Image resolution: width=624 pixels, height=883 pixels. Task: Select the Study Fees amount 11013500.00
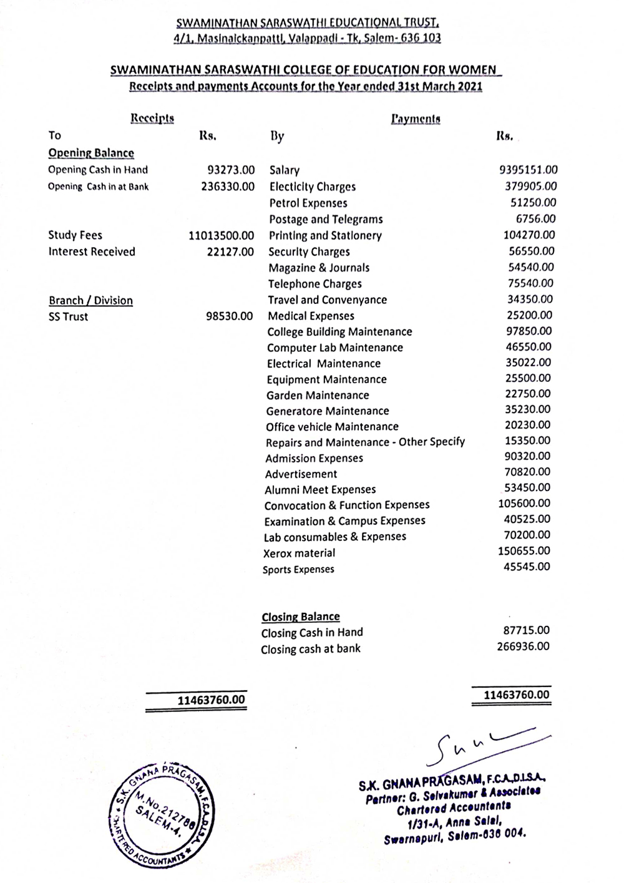tap(221, 236)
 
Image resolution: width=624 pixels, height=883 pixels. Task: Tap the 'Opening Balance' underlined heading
tap(91, 154)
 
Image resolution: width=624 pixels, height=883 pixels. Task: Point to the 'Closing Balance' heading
tap(301, 617)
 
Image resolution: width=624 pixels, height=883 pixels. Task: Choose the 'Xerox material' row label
tap(299, 554)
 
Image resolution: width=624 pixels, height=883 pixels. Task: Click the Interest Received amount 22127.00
tap(230, 252)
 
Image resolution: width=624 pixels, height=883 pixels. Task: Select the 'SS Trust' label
tap(68, 317)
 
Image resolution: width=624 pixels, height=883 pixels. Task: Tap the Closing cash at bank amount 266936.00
tap(523, 646)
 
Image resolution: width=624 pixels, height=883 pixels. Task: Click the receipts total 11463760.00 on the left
tap(212, 700)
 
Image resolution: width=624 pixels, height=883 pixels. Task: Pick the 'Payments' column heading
tap(416, 119)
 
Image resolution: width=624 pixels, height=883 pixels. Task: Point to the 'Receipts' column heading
tap(152, 118)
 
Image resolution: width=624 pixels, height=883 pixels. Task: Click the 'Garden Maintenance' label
tap(317, 396)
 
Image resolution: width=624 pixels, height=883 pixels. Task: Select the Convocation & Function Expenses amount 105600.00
tap(524, 504)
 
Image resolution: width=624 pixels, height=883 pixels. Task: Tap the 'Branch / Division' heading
tap(90, 301)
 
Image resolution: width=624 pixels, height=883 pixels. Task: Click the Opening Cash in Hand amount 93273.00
tap(231, 170)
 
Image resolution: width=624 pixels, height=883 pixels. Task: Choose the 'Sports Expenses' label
tap(298, 570)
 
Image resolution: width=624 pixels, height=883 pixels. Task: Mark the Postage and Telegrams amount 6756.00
tap(535, 219)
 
